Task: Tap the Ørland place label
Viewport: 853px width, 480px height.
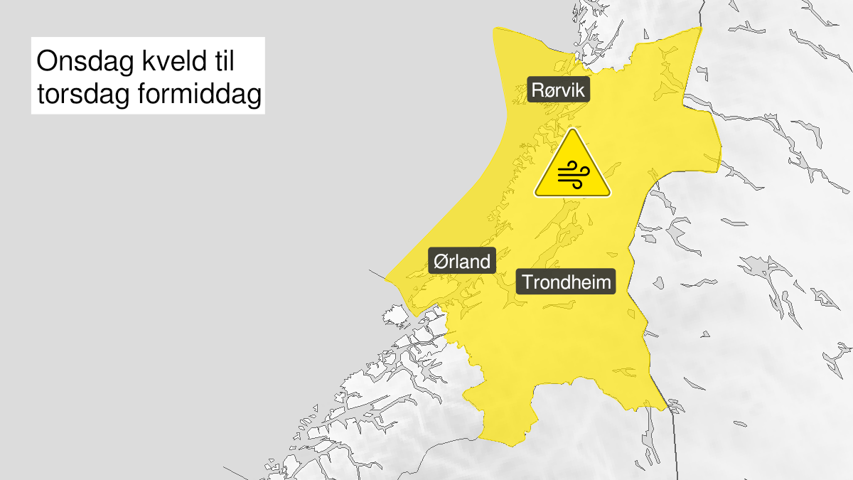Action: pyautogui.click(x=462, y=262)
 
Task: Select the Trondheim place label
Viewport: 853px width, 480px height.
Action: pyautogui.click(x=567, y=282)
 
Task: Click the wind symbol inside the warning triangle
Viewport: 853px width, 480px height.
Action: pyautogui.click(x=572, y=174)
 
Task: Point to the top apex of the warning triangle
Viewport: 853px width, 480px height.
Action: pyautogui.click(x=573, y=130)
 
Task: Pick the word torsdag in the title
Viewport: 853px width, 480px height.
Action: pyautogui.click(x=80, y=95)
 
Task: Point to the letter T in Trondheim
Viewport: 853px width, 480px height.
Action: pyautogui.click(x=527, y=282)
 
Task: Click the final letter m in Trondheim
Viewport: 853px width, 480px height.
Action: pyautogui.click(x=603, y=282)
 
